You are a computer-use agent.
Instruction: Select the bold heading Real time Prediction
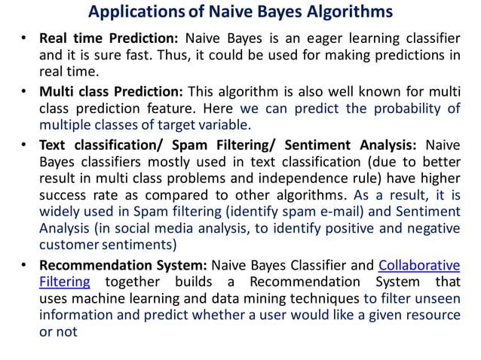[109, 38]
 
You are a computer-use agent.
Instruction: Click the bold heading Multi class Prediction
[111, 91]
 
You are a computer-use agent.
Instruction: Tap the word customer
[67, 246]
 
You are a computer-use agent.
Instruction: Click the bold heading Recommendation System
[123, 265]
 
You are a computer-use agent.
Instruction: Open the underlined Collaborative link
[418, 265]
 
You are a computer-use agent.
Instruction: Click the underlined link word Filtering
[64, 282]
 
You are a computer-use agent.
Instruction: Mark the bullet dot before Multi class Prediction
[25, 92]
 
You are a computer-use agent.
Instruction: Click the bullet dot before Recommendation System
[25, 266]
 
